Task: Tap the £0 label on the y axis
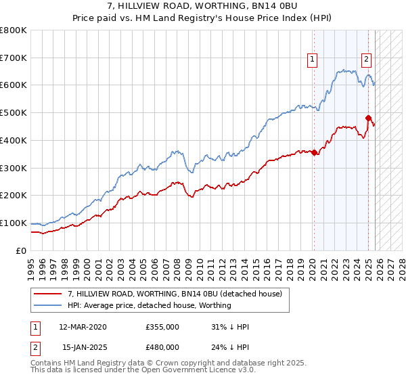[22, 250]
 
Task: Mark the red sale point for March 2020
[315, 152]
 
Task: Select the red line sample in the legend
[49, 294]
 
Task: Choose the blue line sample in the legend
[49, 305]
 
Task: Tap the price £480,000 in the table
[162, 348]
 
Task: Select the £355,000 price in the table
[162, 327]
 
